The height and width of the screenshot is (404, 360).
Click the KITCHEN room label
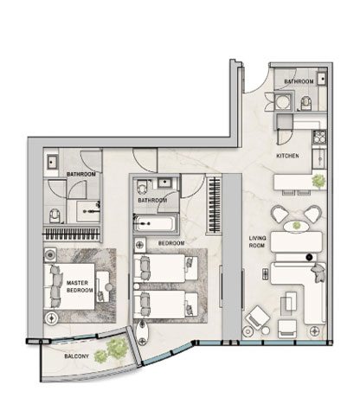pyautogui.click(x=287, y=156)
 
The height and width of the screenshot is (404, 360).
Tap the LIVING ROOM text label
pyautogui.click(x=257, y=241)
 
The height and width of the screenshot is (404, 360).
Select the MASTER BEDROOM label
pyautogui.click(x=80, y=286)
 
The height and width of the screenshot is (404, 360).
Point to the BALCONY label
pyautogui.click(x=76, y=356)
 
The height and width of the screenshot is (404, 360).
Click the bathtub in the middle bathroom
pyautogui.click(x=155, y=224)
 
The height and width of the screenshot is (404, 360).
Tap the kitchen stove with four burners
pyautogui.click(x=319, y=137)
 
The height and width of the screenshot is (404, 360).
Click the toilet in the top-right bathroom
pyautogui.click(x=306, y=103)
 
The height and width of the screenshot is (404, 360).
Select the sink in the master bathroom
pyautogui.click(x=51, y=163)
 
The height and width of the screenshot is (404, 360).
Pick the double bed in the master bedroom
pyautogui.click(x=69, y=286)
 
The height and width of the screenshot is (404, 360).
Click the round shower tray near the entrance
pyautogui.click(x=282, y=101)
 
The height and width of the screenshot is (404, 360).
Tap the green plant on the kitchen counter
pyautogui.click(x=318, y=181)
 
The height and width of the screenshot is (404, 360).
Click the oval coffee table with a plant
pyautogui.click(x=296, y=226)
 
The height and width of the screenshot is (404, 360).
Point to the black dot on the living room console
pyautogui.click(x=309, y=257)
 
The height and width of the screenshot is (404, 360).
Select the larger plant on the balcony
pyautogui.click(x=117, y=349)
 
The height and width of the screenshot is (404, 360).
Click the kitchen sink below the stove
pyautogui.click(x=319, y=159)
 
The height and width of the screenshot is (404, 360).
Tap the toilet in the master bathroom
pyautogui.click(x=55, y=215)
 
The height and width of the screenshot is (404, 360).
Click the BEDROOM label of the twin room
pyautogui.click(x=171, y=243)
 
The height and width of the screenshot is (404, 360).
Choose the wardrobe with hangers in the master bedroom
pyautogui.click(x=72, y=234)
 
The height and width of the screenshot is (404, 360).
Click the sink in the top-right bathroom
pyautogui.click(x=322, y=78)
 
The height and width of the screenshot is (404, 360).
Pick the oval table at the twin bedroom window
pyautogui.click(x=142, y=333)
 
